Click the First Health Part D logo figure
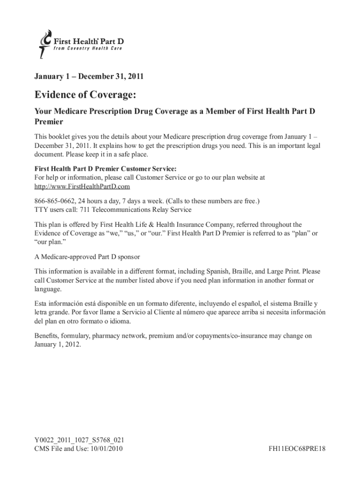point(44,44)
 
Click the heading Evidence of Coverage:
point(86,95)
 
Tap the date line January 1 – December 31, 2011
point(89,75)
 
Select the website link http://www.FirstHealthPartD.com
point(82,186)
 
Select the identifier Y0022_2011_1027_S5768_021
point(79,441)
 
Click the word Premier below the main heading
point(49,121)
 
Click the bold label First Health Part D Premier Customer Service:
point(106,169)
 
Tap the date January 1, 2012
point(58,344)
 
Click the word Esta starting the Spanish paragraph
point(42,304)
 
